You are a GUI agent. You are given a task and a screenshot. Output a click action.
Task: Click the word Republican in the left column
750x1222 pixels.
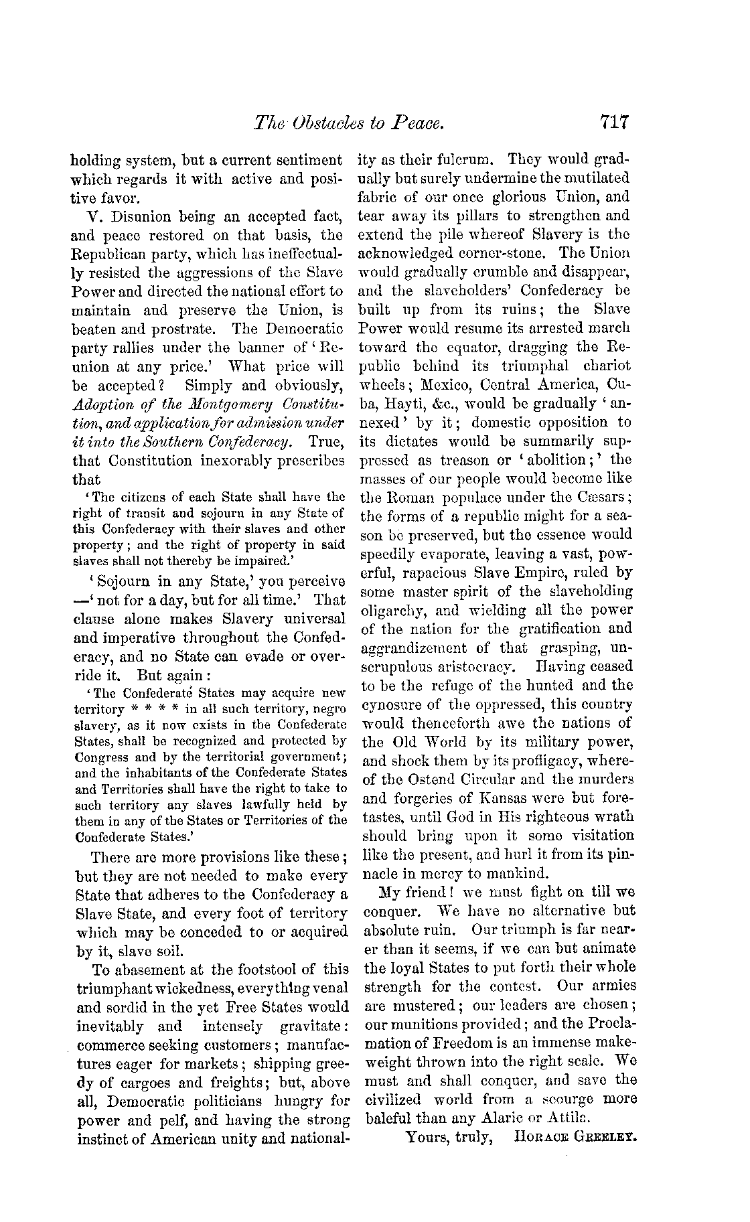108,254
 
